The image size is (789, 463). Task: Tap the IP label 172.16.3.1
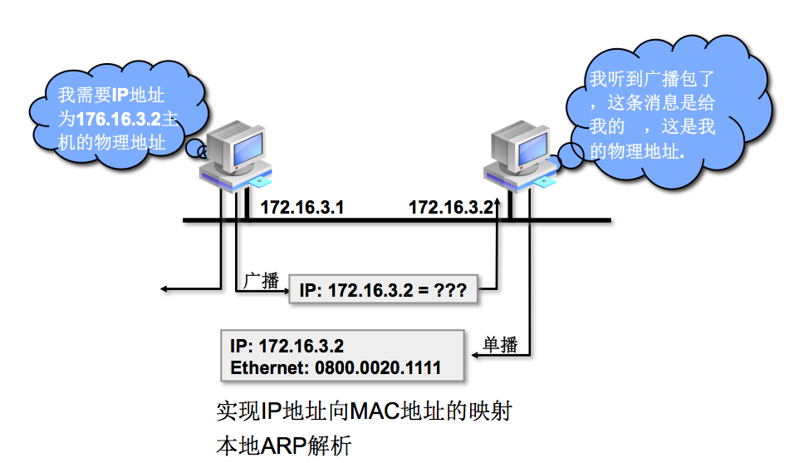(301, 208)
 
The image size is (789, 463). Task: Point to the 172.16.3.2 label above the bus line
(451, 208)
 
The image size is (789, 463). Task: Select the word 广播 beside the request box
(262, 281)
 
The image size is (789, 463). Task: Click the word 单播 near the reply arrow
(500, 345)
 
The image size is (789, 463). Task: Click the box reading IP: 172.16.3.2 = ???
(383, 290)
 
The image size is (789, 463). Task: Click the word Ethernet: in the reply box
(267, 367)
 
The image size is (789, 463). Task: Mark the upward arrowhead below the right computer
(497, 202)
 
